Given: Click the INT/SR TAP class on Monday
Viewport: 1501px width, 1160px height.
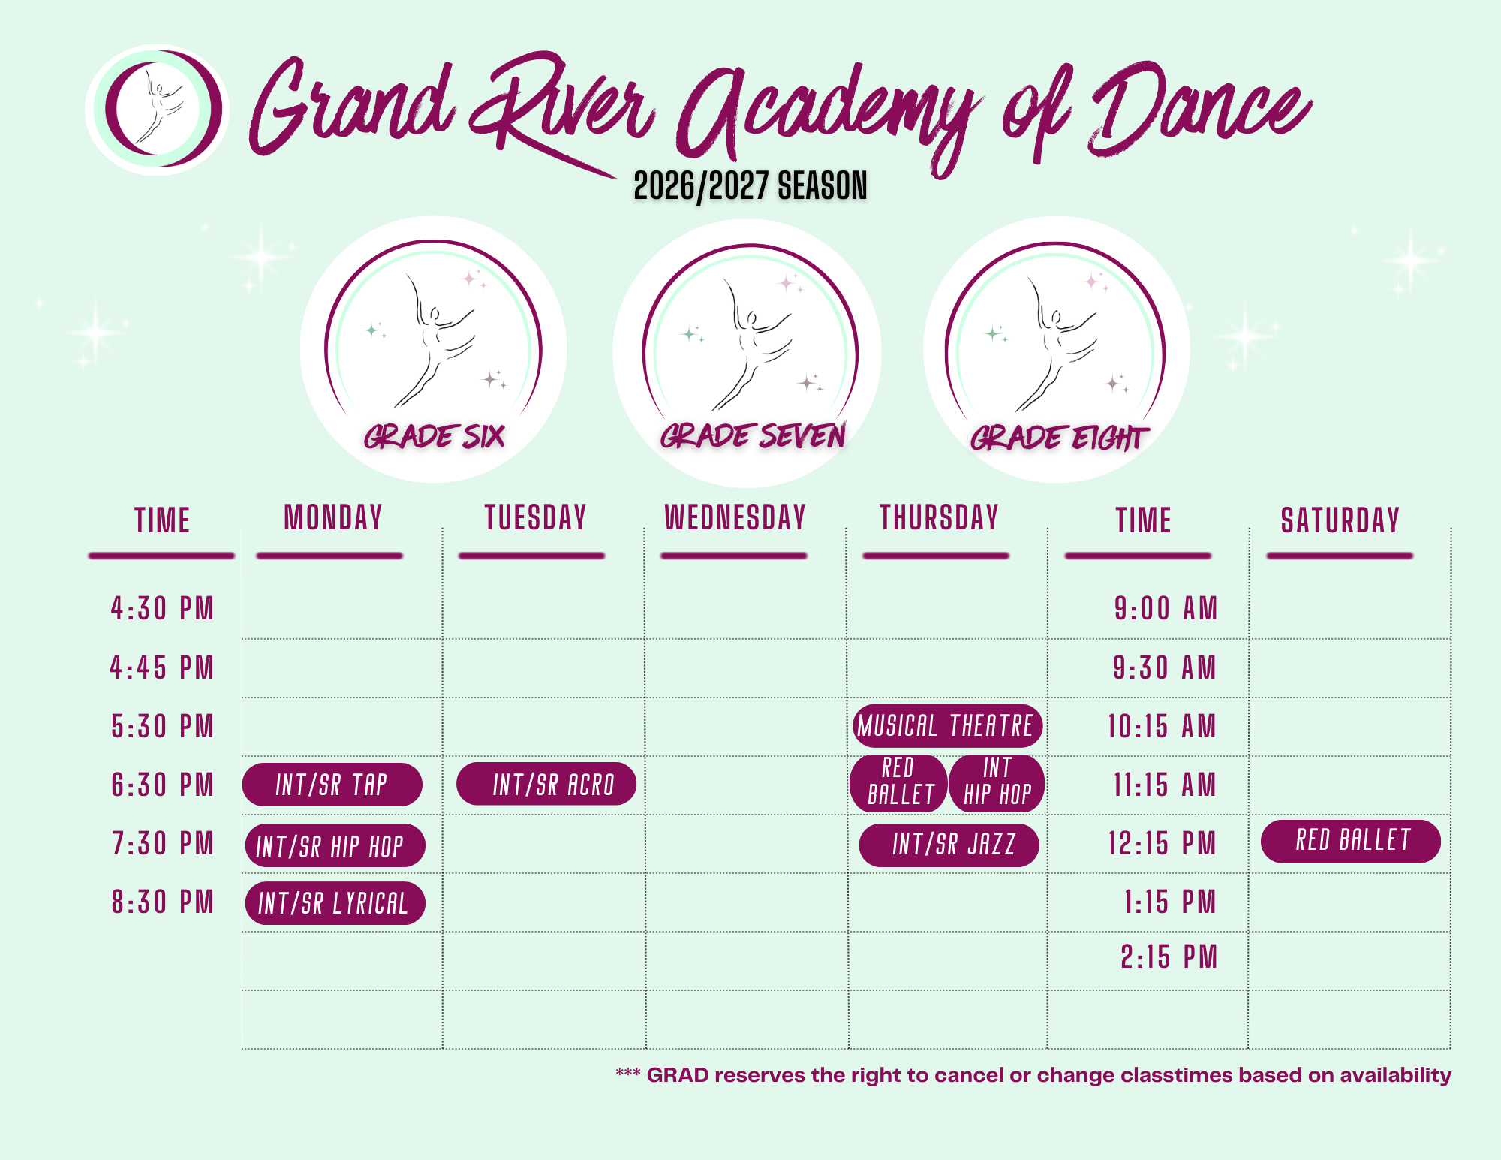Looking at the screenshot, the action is coord(332,785).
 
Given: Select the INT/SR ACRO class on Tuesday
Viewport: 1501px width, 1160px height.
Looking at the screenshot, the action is coord(546,784).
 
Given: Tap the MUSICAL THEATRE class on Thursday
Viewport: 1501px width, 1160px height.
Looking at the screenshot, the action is coord(947,726).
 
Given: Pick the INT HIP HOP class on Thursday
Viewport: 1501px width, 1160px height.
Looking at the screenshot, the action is coord(997,783).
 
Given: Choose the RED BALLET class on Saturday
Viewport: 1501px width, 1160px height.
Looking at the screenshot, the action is coord(1351,841).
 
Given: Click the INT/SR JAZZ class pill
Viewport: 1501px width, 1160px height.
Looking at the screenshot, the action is coord(949,845).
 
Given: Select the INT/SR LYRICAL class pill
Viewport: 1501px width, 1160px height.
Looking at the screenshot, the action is coord(335,903).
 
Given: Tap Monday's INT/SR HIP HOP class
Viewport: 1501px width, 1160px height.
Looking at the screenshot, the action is coord(335,845).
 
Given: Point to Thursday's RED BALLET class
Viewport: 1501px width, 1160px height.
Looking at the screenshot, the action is coord(899,783).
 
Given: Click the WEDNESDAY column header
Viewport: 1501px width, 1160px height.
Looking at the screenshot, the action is coord(735,518).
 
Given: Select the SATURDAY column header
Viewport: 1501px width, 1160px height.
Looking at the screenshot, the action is coord(1340,520).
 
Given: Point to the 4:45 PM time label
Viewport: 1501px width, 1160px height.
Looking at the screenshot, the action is coord(162,667).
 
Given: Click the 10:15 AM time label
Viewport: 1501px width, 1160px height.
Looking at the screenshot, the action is coord(1162,726).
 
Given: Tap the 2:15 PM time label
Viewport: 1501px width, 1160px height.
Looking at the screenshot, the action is coord(1169,957).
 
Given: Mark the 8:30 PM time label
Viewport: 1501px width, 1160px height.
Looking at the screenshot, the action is coord(163,902).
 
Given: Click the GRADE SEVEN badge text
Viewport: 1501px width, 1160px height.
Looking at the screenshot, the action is coord(753,435).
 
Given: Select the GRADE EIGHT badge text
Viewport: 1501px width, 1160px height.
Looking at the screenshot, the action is coord(1059,438).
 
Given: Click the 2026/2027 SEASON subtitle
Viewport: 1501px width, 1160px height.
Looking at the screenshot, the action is coord(750,185).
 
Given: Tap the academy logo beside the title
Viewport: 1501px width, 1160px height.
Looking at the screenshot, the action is coord(158,110).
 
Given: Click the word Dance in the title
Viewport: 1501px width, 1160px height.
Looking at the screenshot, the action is coord(1201,110).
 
